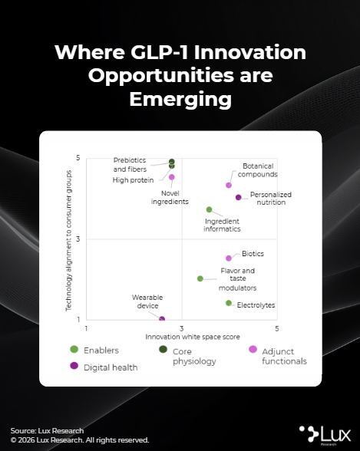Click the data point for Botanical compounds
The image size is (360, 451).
tap(229, 186)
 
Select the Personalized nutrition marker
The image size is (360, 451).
tap(238, 197)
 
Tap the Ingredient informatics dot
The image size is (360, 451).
tap(210, 209)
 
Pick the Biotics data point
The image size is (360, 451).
tap(229, 258)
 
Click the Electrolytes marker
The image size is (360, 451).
tap(229, 303)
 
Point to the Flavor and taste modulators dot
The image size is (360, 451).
tap(200, 278)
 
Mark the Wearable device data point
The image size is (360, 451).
tap(162, 319)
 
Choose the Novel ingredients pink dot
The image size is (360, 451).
tap(172, 177)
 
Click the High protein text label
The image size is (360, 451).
tap(133, 180)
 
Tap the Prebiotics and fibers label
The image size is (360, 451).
tap(130, 164)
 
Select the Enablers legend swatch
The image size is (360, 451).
tap(74, 350)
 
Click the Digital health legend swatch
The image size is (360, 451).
tap(74, 366)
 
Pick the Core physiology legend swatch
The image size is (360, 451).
tap(163, 349)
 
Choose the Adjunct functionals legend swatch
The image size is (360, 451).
tap(253, 349)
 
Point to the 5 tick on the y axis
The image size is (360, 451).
tap(78, 158)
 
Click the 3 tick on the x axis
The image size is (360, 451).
tap(182, 328)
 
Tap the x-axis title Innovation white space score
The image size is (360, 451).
tap(193, 337)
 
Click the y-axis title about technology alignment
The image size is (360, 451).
tap(68, 241)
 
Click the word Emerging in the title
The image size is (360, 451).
tap(180, 100)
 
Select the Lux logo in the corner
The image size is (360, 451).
tap(325, 435)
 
